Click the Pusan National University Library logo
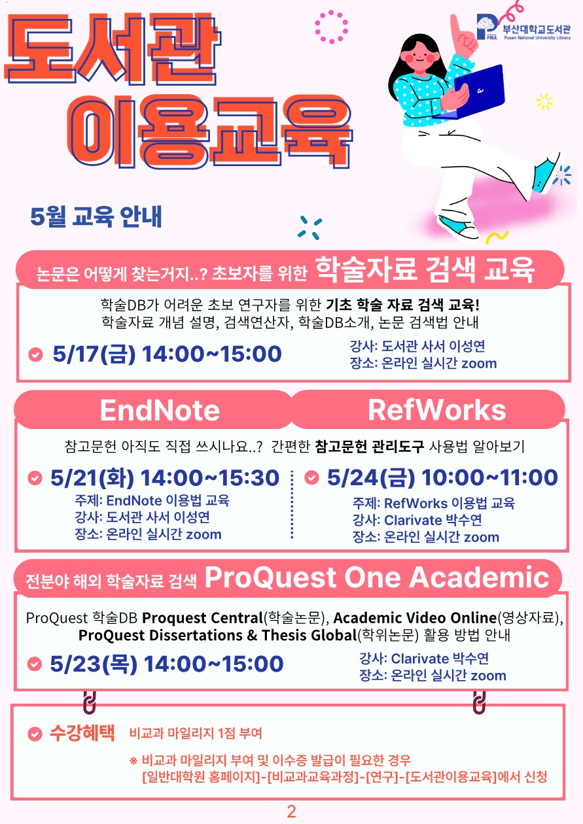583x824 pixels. pyautogui.click(x=523, y=27)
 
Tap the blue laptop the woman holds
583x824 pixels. pyautogui.click(x=478, y=92)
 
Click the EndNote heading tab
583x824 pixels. pyautogui.click(x=160, y=410)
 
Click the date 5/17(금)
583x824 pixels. pyautogui.click(x=94, y=354)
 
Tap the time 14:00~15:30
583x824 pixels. pyautogui.click(x=210, y=478)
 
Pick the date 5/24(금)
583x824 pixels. pyautogui.click(x=370, y=477)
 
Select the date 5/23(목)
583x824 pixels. pyautogui.click(x=94, y=664)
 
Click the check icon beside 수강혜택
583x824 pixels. pyautogui.click(x=35, y=734)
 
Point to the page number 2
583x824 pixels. pyautogui.click(x=291, y=812)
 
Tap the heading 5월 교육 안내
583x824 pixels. pyautogui.click(x=96, y=216)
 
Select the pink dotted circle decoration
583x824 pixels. pyautogui.click(x=331, y=27)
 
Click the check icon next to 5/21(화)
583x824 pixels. pyautogui.click(x=35, y=478)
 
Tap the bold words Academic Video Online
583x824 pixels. pyautogui.click(x=415, y=618)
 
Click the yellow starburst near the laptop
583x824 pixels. pyautogui.click(x=544, y=101)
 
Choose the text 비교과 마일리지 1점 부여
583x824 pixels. pyautogui.click(x=196, y=734)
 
